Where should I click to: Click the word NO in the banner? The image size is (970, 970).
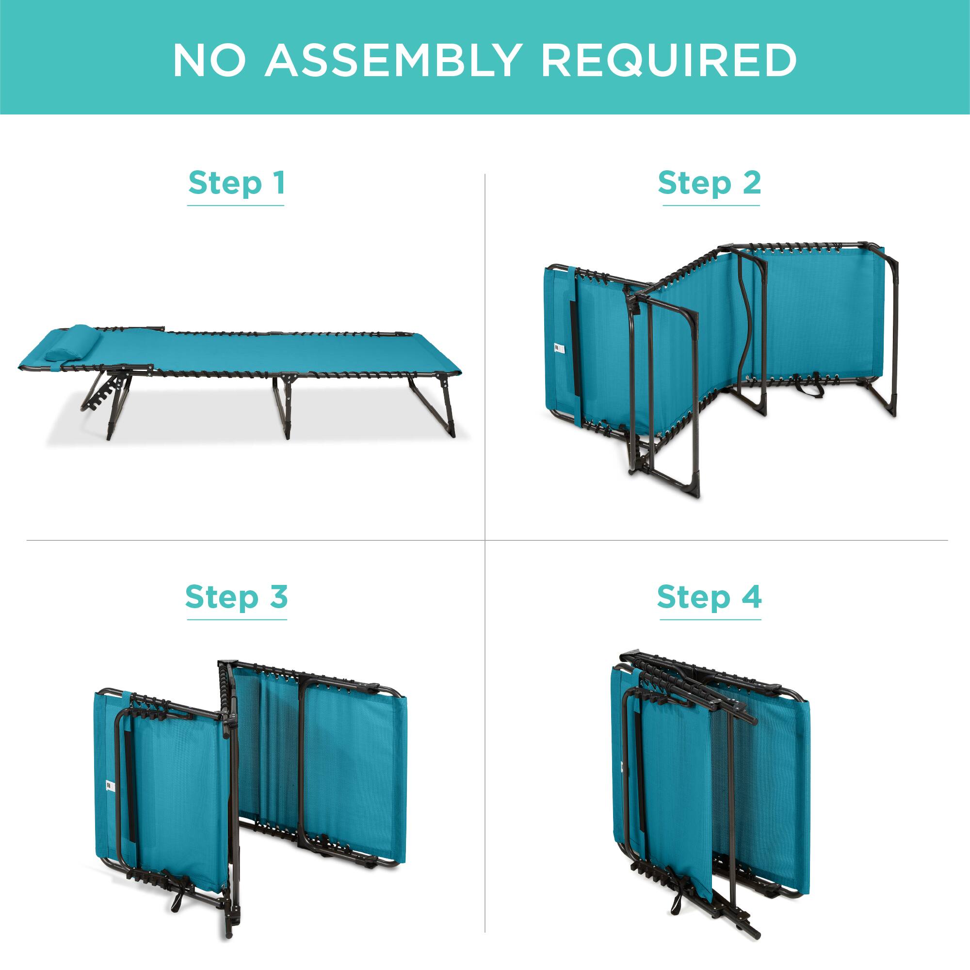[x=210, y=60]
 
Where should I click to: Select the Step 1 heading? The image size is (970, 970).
[x=237, y=183]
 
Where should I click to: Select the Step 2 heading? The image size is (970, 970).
[x=709, y=183]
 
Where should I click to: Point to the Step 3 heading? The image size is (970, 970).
[x=237, y=597]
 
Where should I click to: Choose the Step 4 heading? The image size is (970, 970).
[x=709, y=597]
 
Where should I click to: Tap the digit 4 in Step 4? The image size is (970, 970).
[x=752, y=597]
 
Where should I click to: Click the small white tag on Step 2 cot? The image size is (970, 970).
[x=556, y=347]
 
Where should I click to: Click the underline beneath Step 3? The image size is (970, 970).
[x=237, y=619]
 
